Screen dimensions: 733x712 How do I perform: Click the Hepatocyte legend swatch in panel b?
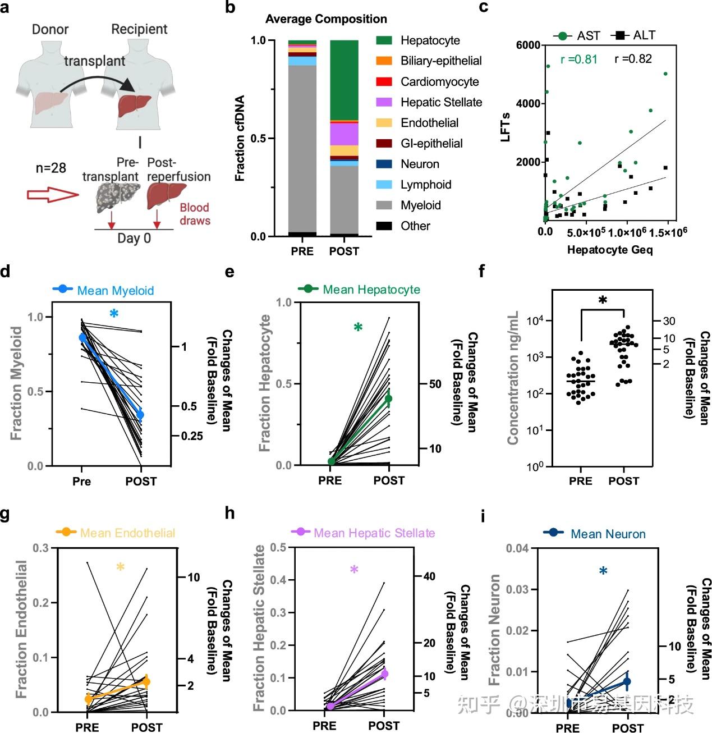384,40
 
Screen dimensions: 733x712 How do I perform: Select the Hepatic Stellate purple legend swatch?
384,102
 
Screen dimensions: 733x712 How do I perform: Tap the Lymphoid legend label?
425,185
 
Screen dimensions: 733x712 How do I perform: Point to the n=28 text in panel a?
50,167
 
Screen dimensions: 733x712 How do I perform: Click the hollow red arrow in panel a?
52,195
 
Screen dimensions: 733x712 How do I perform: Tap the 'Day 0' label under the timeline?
134,238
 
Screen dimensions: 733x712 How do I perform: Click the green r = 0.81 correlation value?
578,59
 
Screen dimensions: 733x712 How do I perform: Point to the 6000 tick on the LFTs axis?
528,45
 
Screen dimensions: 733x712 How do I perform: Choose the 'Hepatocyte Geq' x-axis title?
610,250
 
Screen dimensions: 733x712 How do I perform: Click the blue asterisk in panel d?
114,314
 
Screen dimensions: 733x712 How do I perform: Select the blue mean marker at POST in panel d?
140,415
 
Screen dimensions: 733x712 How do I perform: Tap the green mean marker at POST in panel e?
388,398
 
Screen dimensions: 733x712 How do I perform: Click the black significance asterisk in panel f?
603,301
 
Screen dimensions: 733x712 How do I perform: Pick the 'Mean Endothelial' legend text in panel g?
127,533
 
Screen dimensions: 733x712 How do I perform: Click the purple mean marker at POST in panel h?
384,674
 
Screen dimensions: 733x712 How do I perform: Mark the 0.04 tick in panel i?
517,548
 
